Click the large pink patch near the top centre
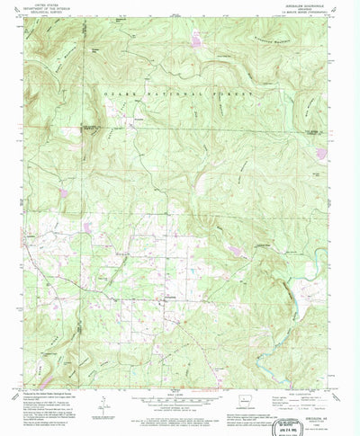(x=195, y=41)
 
